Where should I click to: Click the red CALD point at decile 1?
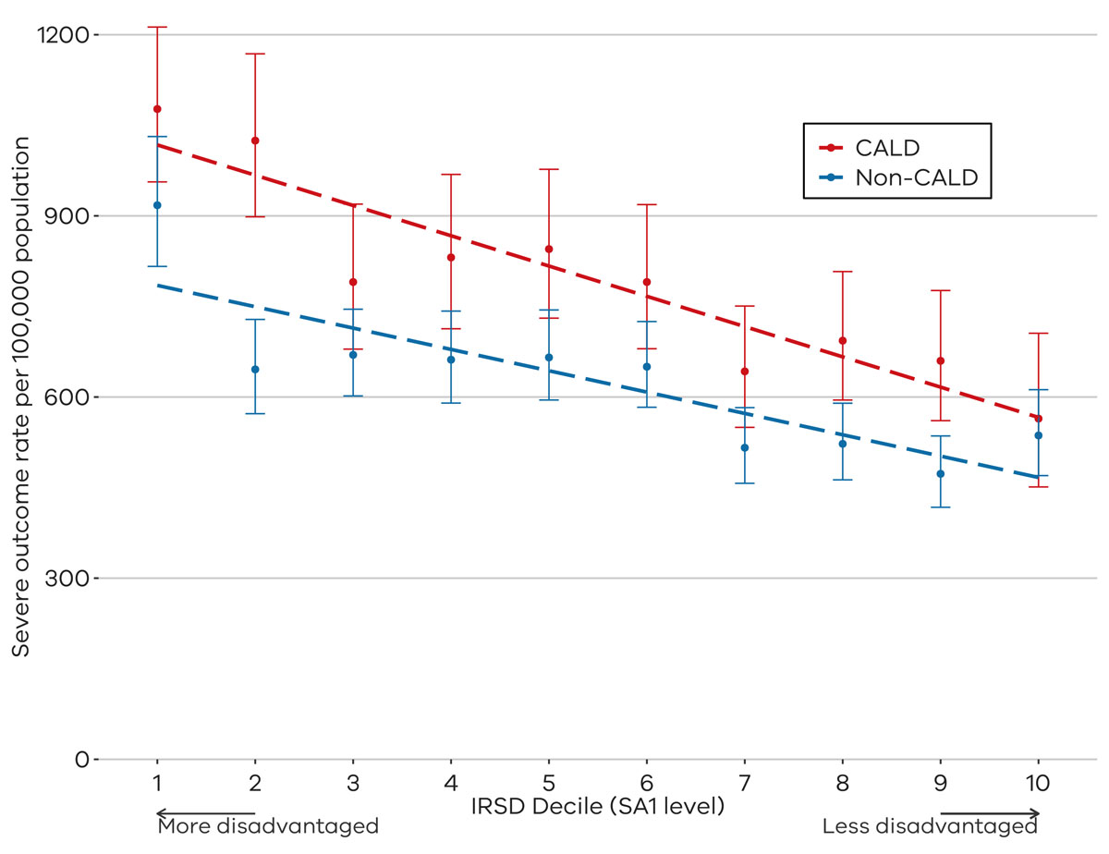point(157,109)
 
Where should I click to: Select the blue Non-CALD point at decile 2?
point(255,370)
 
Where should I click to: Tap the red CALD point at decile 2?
point(255,140)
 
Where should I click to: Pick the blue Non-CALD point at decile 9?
point(941,474)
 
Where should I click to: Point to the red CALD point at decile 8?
point(843,341)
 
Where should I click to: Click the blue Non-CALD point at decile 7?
point(745,448)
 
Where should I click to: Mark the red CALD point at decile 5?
point(549,249)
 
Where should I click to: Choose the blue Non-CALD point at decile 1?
point(157,205)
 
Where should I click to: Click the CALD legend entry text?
point(887,148)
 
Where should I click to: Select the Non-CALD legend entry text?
point(917,177)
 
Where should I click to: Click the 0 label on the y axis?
point(82,760)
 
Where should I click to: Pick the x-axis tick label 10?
point(1038,784)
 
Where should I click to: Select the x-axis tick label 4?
point(451,784)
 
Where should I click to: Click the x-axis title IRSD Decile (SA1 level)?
point(598,807)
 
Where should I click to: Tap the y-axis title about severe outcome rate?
point(21,396)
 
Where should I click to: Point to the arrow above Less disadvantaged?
point(990,813)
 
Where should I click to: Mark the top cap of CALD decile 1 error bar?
point(157,27)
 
